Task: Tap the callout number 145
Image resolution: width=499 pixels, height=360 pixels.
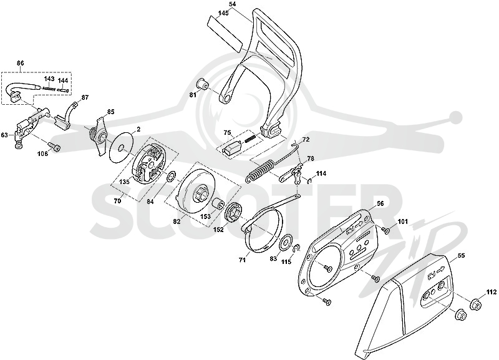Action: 224,13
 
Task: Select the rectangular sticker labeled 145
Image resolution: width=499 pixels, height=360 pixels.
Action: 225,34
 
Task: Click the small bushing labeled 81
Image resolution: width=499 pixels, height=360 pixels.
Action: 201,84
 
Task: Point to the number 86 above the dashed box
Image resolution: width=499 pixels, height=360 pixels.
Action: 20,63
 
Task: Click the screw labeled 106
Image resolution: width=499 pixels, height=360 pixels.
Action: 55,147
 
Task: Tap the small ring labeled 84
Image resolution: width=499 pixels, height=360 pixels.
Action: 171,175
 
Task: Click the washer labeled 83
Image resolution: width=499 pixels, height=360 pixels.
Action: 287,242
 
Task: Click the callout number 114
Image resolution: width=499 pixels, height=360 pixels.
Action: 321,173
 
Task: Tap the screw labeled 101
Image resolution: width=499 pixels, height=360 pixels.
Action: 387,230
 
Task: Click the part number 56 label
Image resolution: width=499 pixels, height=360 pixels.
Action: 380,203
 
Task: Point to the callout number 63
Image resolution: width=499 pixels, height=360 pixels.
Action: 4,135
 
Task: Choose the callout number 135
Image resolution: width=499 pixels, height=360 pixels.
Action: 124,182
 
